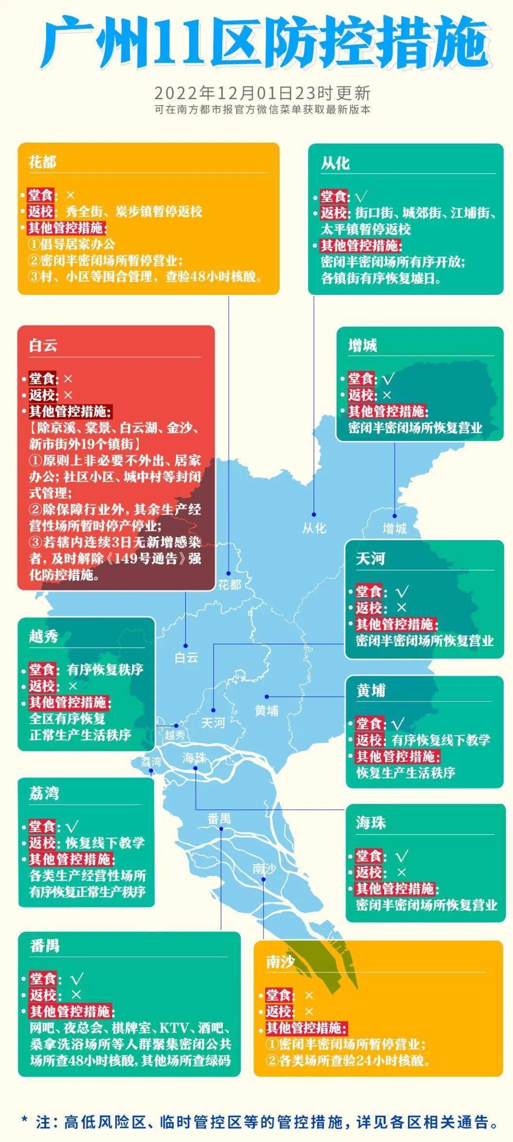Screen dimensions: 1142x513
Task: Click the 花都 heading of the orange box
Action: pyautogui.click(x=43, y=162)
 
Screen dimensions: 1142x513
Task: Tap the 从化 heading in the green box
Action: pyautogui.click(x=335, y=163)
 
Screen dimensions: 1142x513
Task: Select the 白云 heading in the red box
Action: pyautogui.click(x=43, y=345)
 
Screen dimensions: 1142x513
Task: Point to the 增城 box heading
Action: pyautogui.click(x=363, y=346)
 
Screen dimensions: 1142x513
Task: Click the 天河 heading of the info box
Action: pyautogui.click(x=371, y=559)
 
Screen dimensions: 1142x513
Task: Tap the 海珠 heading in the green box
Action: pyautogui.click(x=371, y=822)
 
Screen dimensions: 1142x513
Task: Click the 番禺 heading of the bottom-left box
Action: pyautogui.click(x=45, y=946)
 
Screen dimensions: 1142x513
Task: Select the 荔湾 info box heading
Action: pyautogui.click(x=44, y=794)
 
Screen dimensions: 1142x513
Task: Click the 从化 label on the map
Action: pyautogui.click(x=314, y=528)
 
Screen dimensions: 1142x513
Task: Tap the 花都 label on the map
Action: pyautogui.click(x=229, y=584)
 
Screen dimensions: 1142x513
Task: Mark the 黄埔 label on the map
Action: pyautogui.click(x=266, y=711)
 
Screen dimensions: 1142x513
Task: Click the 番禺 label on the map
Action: pyautogui.click(x=219, y=819)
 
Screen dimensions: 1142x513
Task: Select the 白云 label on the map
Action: pyautogui.click(x=187, y=657)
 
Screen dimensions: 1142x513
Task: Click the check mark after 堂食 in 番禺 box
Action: pyautogui.click(x=77, y=979)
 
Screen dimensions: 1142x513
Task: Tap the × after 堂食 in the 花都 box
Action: pyautogui.click(x=71, y=195)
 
